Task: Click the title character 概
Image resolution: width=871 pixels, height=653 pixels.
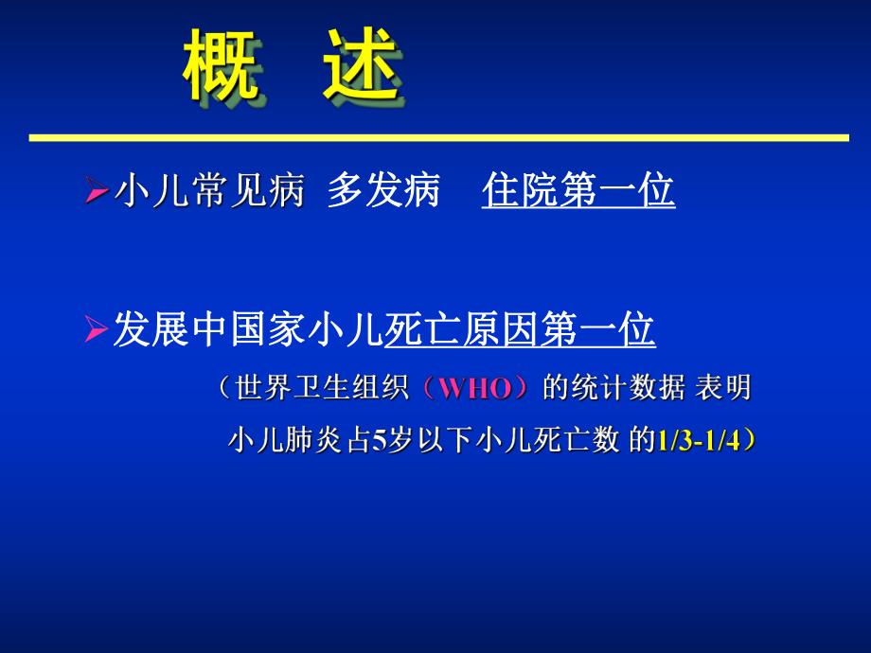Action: tap(221, 66)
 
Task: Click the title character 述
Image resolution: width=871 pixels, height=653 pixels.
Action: tap(358, 66)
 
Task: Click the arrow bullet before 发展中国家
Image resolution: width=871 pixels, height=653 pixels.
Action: tap(96, 332)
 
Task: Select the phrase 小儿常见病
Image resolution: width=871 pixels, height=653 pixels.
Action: tap(209, 192)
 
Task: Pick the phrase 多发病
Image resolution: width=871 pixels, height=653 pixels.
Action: tap(383, 192)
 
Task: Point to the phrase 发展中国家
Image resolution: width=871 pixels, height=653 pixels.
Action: tap(209, 330)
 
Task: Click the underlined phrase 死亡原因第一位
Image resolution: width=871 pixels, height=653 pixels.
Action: tap(520, 330)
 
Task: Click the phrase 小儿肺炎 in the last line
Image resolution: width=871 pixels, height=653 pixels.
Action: tap(276, 440)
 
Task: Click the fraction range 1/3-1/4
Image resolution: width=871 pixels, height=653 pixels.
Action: tap(700, 441)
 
